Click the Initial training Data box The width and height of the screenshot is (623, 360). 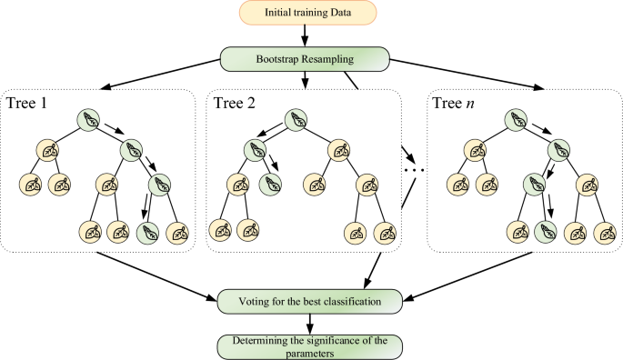pyautogui.click(x=311, y=13)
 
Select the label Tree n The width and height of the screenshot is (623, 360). pyautogui.click(x=452, y=101)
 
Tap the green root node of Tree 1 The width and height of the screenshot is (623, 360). pyautogui.click(x=89, y=119)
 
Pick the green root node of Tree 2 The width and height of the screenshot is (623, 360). pyautogui.click(x=296, y=119)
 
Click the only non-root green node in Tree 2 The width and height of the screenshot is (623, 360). pyautogui.click(x=269, y=185)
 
